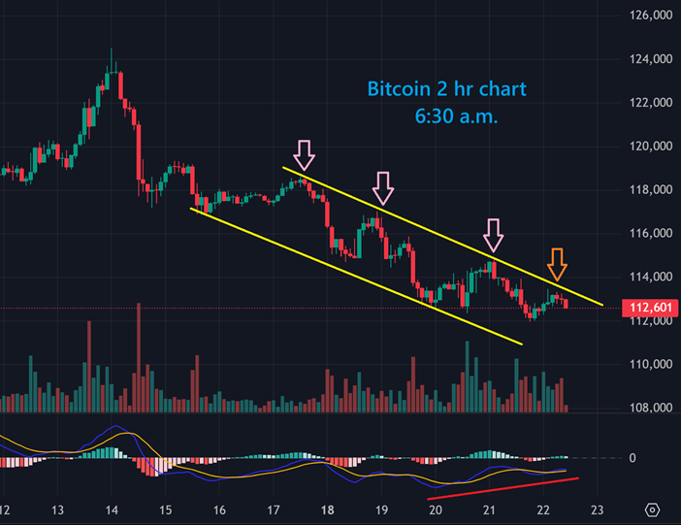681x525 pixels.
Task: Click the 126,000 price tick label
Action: point(649,16)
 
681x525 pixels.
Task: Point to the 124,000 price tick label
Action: point(649,59)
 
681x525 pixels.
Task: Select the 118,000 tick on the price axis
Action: point(649,190)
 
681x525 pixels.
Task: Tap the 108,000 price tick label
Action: point(649,409)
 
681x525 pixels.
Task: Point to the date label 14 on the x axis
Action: point(111,509)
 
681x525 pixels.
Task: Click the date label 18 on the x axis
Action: point(327,509)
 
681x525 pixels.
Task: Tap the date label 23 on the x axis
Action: point(598,509)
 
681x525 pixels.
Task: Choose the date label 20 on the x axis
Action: point(436,509)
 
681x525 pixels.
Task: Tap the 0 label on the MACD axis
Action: point(632,457)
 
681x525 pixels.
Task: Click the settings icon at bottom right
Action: point(652,509)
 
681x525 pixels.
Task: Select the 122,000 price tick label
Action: point(649,103)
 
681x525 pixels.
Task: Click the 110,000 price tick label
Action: point(649,365)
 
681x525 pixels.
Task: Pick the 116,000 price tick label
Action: point(649,234)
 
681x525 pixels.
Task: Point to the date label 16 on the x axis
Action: point(219,509)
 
